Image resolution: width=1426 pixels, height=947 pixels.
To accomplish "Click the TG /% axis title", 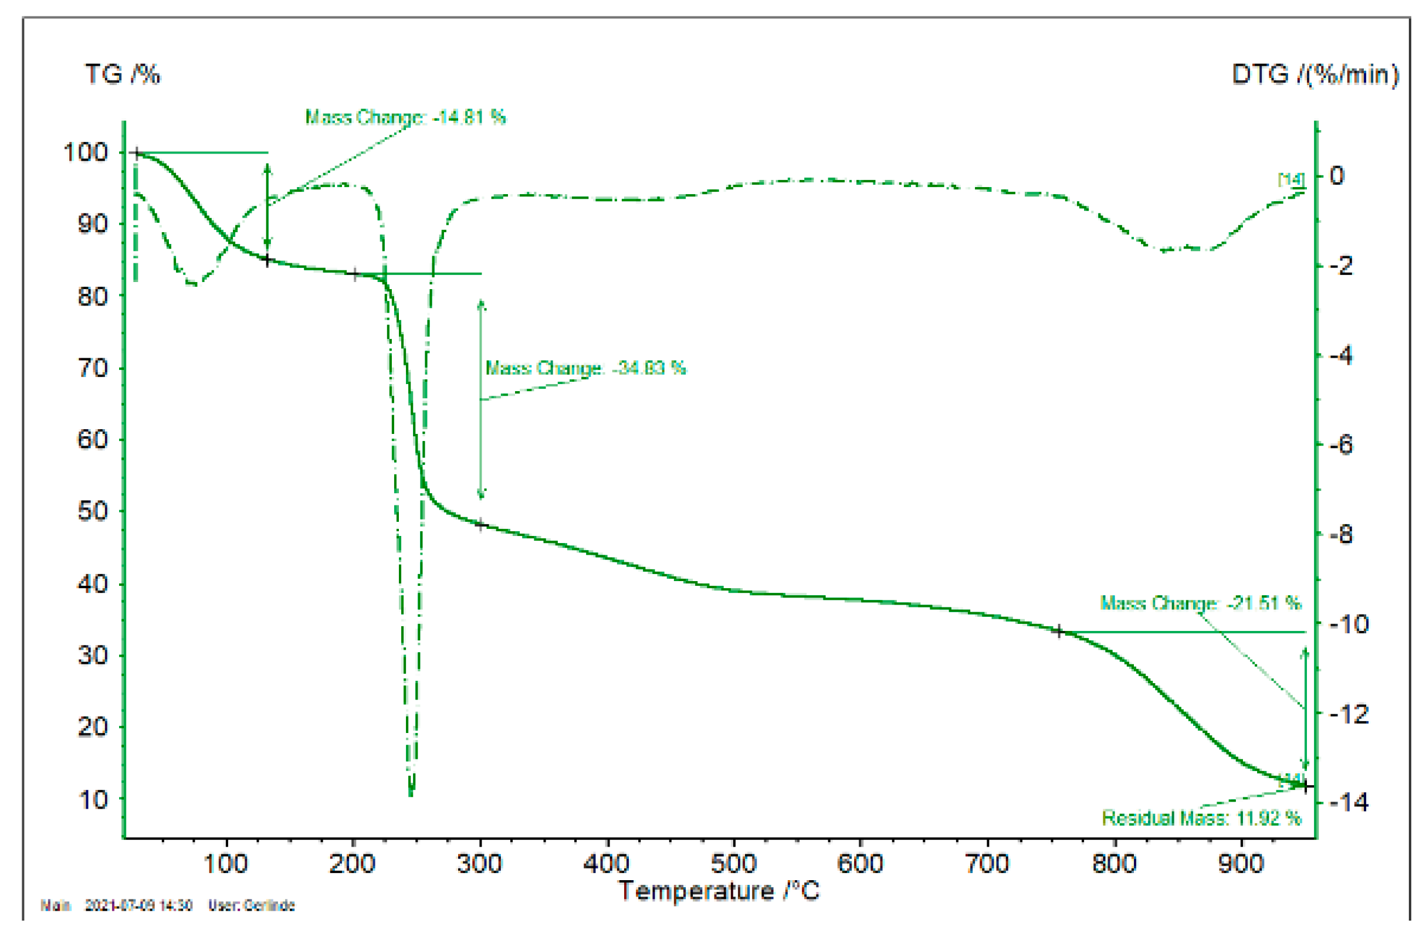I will [123, 74].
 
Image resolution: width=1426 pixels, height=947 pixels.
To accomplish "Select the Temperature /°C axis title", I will [718, 891].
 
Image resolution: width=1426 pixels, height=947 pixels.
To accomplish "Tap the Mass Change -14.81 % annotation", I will [405, 117].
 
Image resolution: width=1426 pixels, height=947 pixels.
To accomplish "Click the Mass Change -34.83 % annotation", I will [585, 368].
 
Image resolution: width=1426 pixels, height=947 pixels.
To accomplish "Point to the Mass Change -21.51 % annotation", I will [1200, 603].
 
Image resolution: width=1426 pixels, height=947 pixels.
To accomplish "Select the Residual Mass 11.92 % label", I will [1201, 818].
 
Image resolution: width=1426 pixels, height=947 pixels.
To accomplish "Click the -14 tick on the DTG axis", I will [1348, 802].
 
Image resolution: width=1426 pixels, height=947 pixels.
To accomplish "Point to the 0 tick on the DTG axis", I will [1337, 176].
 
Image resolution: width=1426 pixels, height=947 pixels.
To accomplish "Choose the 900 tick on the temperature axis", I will [1241, 864].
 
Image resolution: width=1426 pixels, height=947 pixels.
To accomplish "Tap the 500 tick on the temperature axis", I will [734, 864].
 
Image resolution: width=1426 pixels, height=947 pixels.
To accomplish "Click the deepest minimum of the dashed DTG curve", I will [411, 792].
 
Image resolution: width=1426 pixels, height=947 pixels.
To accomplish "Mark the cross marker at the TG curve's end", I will [1306, 786].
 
